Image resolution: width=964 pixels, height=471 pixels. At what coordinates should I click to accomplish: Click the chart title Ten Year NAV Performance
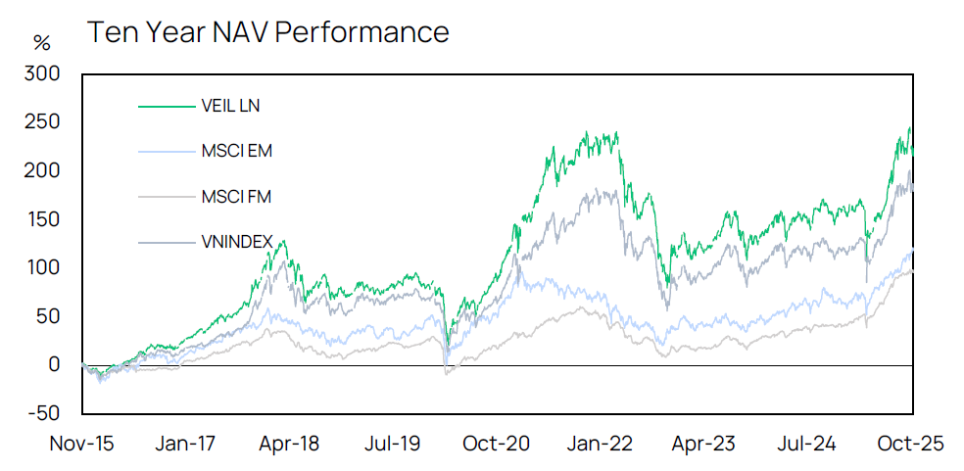267,32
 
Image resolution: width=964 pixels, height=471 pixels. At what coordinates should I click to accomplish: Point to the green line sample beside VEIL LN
169,105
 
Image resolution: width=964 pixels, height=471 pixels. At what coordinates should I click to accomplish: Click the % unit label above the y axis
41,43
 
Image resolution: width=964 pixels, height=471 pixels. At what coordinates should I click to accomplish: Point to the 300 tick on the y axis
44,73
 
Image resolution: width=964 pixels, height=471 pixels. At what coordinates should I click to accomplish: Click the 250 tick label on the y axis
44,122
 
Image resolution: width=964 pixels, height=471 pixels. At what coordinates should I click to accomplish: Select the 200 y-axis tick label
44,170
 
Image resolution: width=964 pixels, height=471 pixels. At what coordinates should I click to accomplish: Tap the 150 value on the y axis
44,219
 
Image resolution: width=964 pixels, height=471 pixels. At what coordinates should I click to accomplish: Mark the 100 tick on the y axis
44,267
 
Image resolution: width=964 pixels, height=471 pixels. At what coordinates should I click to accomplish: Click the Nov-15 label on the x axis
81,444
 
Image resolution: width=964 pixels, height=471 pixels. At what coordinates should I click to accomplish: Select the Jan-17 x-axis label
186,444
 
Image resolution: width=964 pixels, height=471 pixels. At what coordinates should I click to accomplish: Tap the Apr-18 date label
290,444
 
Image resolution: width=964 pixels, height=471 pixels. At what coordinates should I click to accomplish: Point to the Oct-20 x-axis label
499,444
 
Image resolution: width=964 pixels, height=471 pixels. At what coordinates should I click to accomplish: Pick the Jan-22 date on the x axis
602,444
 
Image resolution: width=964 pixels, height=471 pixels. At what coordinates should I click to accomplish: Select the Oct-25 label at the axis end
911,444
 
